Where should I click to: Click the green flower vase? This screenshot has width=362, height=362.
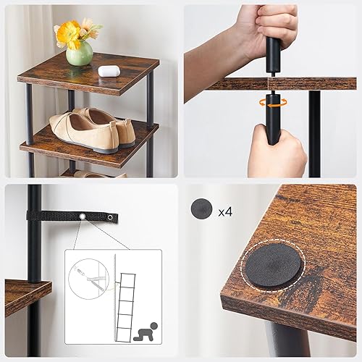(79, 53)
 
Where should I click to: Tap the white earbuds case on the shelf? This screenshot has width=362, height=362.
(109, 71)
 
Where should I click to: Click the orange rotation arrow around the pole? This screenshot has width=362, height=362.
(273, 103)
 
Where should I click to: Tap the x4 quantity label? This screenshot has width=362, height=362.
(225, 211)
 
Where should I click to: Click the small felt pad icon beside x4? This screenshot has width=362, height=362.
(201, 208)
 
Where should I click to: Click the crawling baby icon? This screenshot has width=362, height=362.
(145, 332)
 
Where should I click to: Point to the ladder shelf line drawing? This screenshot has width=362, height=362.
(126, 307)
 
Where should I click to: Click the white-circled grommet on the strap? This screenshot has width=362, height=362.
(83, 217)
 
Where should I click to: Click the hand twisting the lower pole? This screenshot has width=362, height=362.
(277, 150)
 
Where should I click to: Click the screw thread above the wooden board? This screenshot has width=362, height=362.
(272, 75)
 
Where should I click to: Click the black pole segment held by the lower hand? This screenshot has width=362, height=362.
(273, 119)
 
